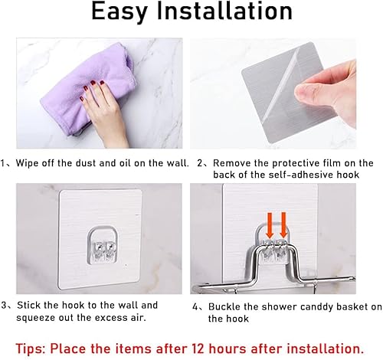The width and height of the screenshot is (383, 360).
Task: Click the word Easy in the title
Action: coord(127,14)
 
